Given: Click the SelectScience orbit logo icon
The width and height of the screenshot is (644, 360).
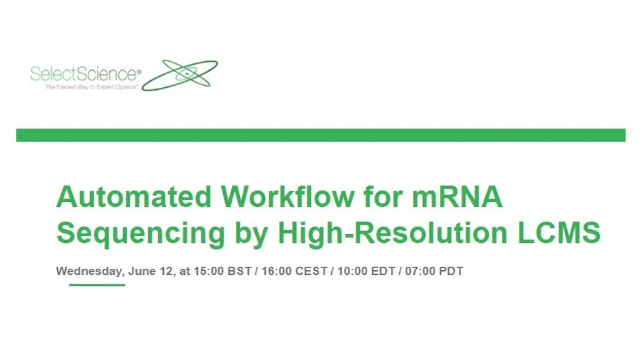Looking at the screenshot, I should click(180, 74).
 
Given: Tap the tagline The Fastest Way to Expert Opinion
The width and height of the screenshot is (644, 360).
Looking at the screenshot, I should click(92, 88).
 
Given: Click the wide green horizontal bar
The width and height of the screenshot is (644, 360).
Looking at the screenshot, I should click(320, 135).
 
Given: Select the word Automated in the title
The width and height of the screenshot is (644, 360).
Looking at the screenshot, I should click(133, 197).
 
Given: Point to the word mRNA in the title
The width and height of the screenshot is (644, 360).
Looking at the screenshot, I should click(458, 197).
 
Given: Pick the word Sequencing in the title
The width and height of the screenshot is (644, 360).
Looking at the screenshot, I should click(140, 233).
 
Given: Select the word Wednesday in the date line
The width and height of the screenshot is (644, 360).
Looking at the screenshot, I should click(88, 271).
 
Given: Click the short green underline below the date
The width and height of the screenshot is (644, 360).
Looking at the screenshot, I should click(97, 284).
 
